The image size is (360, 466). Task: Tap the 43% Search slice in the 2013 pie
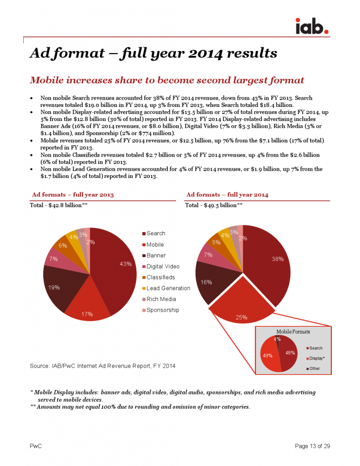(116, 268)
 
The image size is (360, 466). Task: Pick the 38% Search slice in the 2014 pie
(269, 264)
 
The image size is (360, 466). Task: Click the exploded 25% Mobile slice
(241, 305)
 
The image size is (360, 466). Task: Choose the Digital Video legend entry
(163, 266)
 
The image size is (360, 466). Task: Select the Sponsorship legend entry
(162, 310)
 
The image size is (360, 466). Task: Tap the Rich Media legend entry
(161, 299)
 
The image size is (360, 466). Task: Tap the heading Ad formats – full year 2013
(73, 195)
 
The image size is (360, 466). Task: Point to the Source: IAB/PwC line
(102, 366)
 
